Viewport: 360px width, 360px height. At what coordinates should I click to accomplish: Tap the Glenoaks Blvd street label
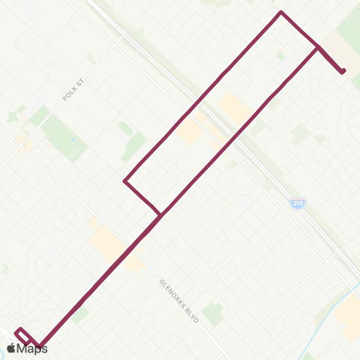pyautogui.click(x=179, y=301)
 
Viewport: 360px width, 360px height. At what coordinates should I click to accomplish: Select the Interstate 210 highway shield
pyautogui.click(x=298, y=203)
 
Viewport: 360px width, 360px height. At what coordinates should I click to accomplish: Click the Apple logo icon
pyautogui.click(x=11, y=349)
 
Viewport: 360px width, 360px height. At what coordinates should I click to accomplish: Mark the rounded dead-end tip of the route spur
pyautogui.click(x=343, y=71)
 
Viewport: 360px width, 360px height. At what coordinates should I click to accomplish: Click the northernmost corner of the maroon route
pyautogui.click(x=280, y=12)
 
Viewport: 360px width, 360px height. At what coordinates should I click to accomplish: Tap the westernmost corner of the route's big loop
pyautogui.click(x=124, y=181)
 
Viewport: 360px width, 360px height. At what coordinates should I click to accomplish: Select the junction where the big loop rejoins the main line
pyautogui.click(x=160, y=215)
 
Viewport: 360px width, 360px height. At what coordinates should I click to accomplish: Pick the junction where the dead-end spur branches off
pyautogui.click(x=318, y=48)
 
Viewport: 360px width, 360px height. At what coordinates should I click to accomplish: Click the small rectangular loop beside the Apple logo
pyautogui.click(x=22, y=335)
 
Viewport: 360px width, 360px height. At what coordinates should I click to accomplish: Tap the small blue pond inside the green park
pyautogui.click(x=72, y=140)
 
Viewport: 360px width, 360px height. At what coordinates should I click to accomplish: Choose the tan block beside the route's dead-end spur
pyautogui.click(x=339, y=52)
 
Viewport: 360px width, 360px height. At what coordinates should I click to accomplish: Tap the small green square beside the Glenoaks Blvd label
pyautogui.click(x=213, y=313)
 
